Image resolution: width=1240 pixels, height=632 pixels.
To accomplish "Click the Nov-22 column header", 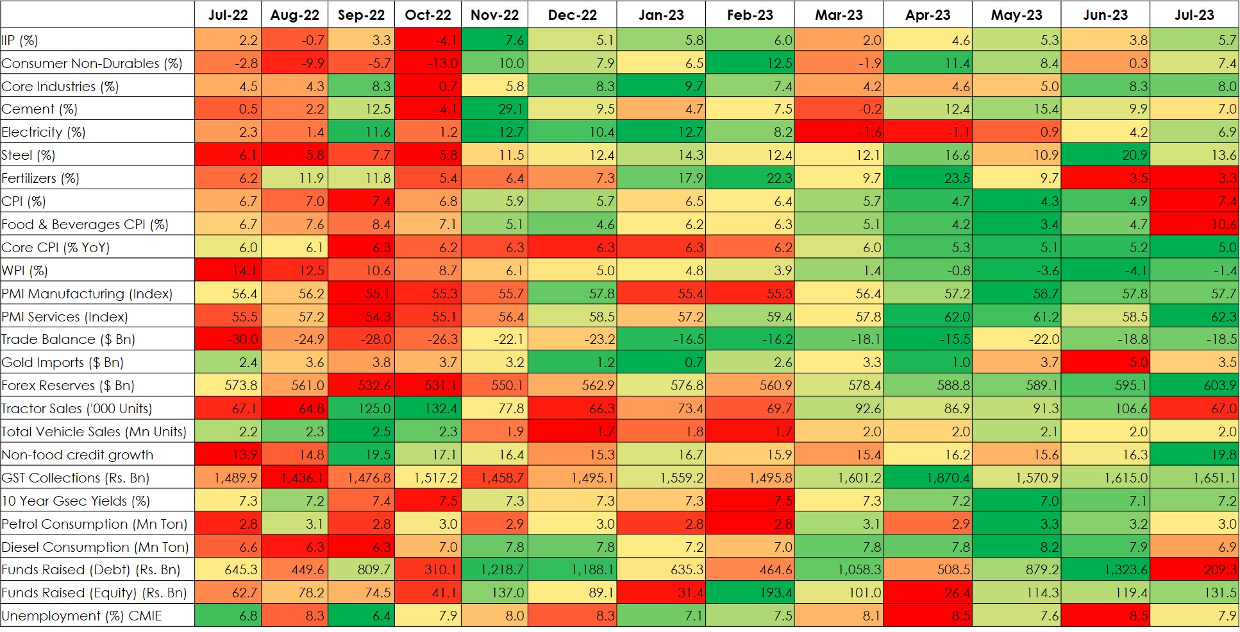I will [x=494, y=15].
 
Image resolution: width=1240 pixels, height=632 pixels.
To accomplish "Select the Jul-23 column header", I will [x=1194, y=15].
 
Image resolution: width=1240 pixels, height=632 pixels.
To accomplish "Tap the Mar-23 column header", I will [x=839, y=15].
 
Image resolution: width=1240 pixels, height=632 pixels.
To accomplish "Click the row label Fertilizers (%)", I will [x=40, y=178].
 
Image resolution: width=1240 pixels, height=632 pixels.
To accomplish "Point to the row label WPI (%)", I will [x=25, y=271].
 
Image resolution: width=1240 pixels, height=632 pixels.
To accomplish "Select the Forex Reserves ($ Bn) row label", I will [x=68, y=386].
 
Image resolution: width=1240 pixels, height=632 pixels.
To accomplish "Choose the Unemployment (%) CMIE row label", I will [x=81, y=616].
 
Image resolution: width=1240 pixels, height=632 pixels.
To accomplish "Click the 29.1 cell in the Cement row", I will [x=494, y=109].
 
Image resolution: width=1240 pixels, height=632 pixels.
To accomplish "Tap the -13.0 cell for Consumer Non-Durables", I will [x=428, y=64].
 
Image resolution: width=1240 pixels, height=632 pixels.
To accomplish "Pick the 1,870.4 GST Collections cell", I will [x=927, y=478].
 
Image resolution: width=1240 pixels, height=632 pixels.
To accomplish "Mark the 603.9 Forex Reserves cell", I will [x=1194, y=386].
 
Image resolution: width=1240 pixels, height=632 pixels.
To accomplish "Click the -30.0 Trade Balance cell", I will [x=228, y=339].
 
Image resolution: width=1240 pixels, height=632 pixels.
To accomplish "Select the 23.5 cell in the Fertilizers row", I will [x=927, y=178].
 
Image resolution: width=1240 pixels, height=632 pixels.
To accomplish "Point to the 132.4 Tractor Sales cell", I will [x=428, y=409].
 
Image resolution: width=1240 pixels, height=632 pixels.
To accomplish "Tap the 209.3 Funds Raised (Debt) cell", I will [x=1194, y=570].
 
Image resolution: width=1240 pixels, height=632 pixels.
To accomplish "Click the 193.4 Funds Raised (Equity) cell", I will [x=750, y=593].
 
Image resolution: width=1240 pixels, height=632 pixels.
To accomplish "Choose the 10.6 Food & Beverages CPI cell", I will [x=1194, y=225].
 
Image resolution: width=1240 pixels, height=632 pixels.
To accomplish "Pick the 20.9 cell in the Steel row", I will [x=1105, y=155].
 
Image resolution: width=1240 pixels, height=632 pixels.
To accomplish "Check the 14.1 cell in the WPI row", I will [x=228, y=271].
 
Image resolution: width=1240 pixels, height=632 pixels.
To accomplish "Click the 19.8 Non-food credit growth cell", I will [x=1194, y=455].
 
